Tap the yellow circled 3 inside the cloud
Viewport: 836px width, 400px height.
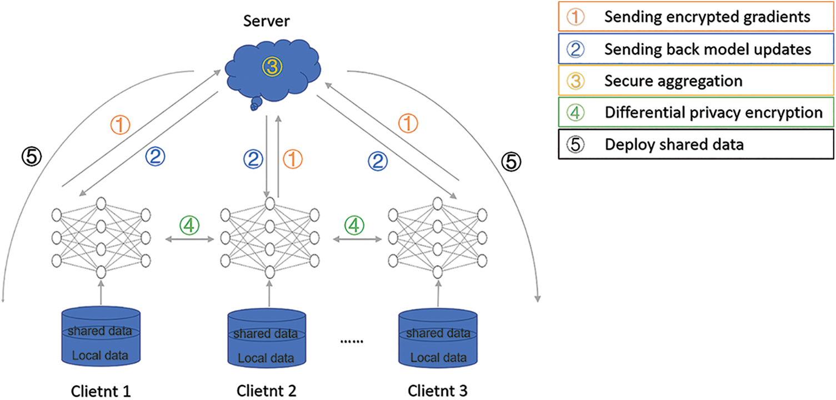click(x=272, y=67)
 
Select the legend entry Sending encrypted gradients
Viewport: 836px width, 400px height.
click(x=697, y=17)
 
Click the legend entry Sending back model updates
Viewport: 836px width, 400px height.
click(x=697, y=49)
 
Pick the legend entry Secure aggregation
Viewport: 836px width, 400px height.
click(x=697, y=81)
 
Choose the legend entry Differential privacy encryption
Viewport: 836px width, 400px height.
click(x=697, y=113)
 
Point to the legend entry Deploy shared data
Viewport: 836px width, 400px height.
click(x=697, y=145)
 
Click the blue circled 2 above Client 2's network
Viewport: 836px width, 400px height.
click(x=253, y=160)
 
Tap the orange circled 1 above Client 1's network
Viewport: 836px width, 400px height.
click(x=121, y=125)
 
